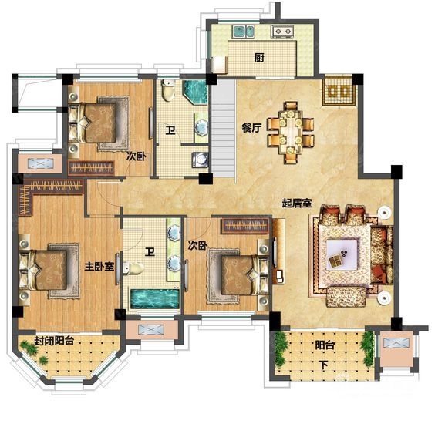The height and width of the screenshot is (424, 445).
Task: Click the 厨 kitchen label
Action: (259, 58)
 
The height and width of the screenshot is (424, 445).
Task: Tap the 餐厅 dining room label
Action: (251, 128)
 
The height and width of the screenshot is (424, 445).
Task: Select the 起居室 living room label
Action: (297, 203)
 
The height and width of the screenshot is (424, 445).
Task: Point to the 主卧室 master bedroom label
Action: (99, 266)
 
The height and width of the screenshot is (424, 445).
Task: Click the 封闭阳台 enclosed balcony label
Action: (54, 340)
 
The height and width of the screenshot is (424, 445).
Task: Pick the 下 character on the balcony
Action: (323, 365)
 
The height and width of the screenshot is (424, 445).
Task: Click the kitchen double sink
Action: (243, 32)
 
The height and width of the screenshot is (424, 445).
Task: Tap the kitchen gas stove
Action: (282, 31)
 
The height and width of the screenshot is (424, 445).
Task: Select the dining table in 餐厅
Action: (291, 132)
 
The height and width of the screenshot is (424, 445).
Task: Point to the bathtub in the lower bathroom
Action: (155, 299)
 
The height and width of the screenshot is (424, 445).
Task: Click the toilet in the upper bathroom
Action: (167, 90)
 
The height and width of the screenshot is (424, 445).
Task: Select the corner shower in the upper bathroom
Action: (196, 92)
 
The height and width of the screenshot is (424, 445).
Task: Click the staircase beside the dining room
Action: (224, 128)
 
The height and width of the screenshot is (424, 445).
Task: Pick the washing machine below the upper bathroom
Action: (201, 160)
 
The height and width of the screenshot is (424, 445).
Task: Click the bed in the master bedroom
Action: (46, 270)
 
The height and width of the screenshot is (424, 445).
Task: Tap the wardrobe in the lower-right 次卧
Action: (245, 225)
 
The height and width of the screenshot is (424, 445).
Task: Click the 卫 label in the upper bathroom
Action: (170, 131)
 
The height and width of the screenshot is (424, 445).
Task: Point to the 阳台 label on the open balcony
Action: (325, 345)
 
